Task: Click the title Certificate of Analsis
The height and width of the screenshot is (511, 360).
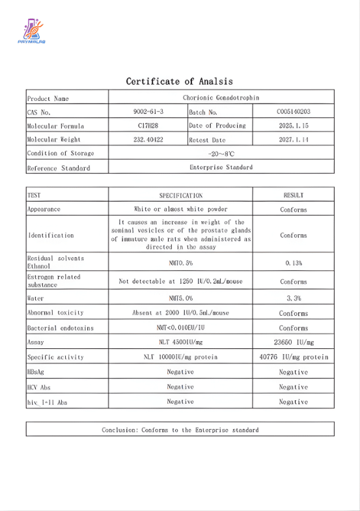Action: pos(179,81)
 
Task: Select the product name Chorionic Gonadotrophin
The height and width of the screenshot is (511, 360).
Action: pos(221,98)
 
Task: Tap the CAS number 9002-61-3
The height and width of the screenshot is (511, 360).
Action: pos(148,112)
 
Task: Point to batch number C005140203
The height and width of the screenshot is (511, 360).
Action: pos(293,112)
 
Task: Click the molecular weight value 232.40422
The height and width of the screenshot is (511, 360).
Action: pos(148,139)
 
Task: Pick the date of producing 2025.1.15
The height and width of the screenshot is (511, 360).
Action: pos(293,126)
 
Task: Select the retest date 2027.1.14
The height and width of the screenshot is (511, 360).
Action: pos(293,139)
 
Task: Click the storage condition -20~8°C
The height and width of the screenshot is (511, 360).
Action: pos(221,154)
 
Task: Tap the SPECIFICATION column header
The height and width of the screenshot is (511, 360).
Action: pos(180,195)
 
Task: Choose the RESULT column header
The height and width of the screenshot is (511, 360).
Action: pos(293,195)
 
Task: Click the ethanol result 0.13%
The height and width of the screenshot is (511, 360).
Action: pos(293,262)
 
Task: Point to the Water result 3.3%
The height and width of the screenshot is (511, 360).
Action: pos(293,297)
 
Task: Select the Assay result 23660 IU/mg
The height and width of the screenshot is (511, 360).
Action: pos(293,342)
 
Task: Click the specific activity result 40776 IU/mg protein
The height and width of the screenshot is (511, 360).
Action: pos(293,357)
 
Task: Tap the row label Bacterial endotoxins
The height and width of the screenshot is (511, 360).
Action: pos(60,328)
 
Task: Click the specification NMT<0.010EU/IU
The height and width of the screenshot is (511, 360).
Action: pos(180,328)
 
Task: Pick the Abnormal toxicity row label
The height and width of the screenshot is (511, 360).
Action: pos(56,313)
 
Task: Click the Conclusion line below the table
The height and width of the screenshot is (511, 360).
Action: pos(180,430)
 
